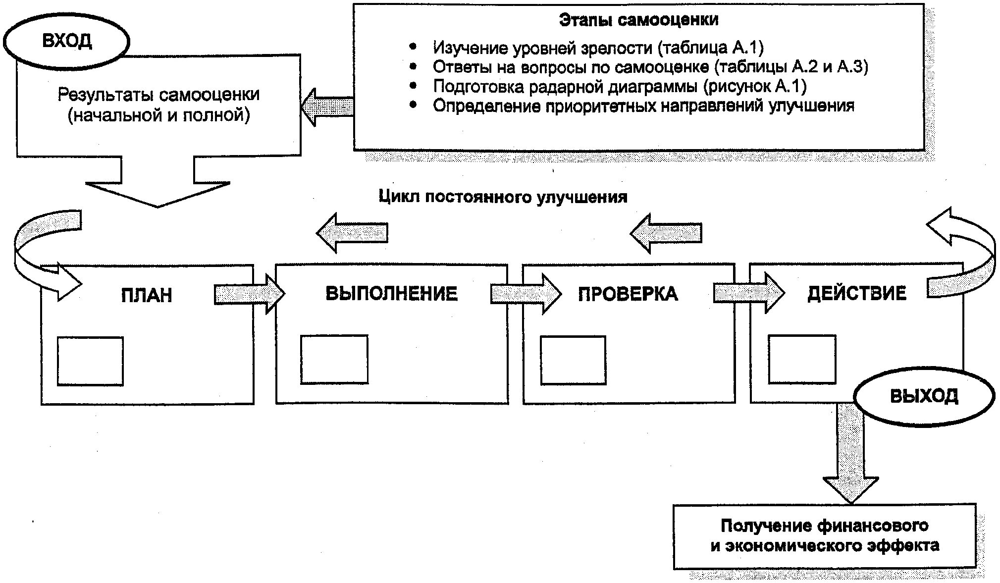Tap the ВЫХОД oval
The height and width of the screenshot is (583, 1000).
[924, 396]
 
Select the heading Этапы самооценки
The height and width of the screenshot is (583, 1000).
[638, 20]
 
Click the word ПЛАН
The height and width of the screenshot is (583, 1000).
[147, 295]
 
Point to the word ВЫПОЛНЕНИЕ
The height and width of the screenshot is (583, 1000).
[391, 293]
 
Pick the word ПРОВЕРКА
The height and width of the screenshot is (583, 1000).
[628, 294]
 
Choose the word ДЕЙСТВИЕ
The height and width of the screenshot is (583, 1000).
[857, 293]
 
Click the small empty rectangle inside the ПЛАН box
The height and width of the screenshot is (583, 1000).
[90, 361]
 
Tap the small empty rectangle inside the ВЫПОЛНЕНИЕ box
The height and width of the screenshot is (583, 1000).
[334, 359]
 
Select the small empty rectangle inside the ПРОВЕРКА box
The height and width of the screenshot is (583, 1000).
[573, 360]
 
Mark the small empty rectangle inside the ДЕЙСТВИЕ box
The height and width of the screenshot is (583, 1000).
[802, 359]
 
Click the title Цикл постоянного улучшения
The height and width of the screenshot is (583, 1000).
[503, 197]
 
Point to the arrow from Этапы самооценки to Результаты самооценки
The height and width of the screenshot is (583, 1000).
[327, 107]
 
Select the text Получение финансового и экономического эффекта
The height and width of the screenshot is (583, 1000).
[824, 535]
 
